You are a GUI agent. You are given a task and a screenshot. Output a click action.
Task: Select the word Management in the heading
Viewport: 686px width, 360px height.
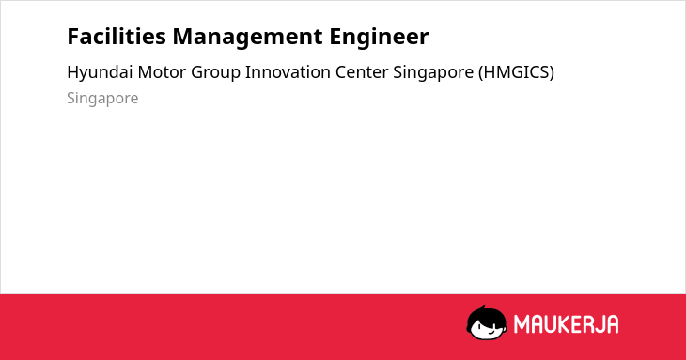point(248,38)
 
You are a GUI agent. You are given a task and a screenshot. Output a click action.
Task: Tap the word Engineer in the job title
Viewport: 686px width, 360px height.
point(379,38)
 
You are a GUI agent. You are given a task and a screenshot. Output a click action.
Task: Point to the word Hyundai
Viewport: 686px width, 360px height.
point(100,72)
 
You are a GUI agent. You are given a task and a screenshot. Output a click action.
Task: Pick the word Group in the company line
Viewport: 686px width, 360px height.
point(216,72)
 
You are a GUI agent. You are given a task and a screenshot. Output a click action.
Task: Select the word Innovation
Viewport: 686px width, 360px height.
point(288,72)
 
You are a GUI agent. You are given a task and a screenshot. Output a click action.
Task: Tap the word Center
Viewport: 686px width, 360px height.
point(362,72)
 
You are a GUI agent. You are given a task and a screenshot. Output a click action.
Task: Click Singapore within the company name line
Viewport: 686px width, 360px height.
point(433,72)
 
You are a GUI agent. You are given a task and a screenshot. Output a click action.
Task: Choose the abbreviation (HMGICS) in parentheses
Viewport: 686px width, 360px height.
point(516,72)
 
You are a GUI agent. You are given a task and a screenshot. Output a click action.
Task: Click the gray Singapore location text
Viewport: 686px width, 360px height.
point(102,99)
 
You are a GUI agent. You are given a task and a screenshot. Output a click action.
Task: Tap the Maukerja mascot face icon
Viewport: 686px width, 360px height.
point(487,322)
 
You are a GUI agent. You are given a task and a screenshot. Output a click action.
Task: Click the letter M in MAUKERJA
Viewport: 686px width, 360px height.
point(522,324)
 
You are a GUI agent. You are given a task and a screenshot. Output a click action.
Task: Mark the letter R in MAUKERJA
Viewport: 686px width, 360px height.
point(587,324)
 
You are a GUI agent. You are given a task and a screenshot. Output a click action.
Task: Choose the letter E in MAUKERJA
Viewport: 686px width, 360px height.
point(577,324)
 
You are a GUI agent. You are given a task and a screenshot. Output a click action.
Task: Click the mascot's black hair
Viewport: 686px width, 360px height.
point(486,314)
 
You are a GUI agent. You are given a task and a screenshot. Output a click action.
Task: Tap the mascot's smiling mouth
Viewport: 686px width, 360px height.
point(491,332)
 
